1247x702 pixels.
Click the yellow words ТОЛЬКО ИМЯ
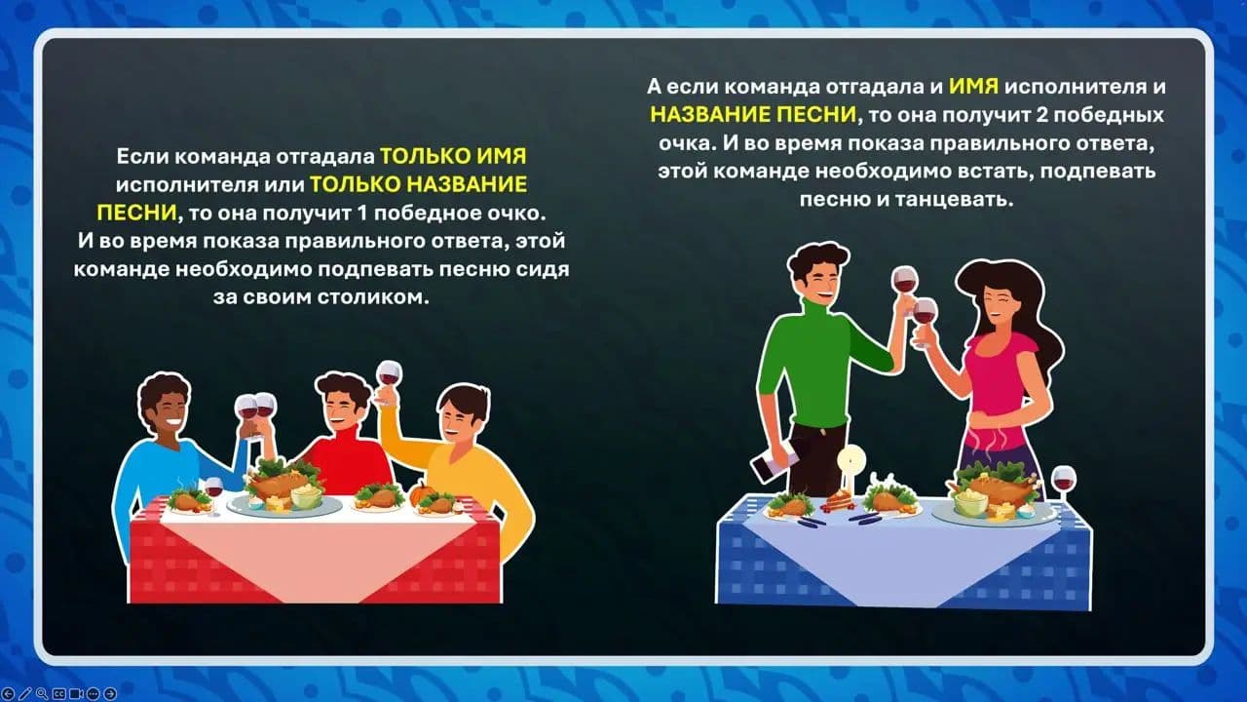pyautogui.click(x=453, y=157)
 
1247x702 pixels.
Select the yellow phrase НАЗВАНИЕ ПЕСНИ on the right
pyautogui.click(x=753, y=114)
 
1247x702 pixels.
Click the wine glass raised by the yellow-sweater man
pyautogui.click(x=389, y=374)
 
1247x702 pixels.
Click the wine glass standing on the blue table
pyautogui.click(x=1063, y=483)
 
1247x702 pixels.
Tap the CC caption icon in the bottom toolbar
pyautogui.click(x=59, y=694)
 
